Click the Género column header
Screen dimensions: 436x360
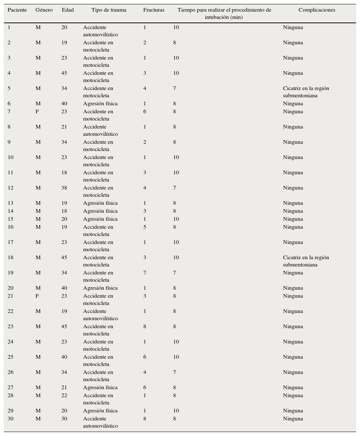click(x=44, y=10)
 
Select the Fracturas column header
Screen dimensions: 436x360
click(x=154, y=10)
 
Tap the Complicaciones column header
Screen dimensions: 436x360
click(x=317, y=10)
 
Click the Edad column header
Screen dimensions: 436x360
click(x=67, y=10)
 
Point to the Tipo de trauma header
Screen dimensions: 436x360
click(x=109, y=10)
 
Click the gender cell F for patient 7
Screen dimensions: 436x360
click(x=37, y=111)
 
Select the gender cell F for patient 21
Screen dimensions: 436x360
click(x=37, y=296)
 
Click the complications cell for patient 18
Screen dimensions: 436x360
click(x=306, y=261)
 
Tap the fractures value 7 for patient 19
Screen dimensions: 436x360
click(x=145, y=273)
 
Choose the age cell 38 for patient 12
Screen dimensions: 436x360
click(x=64, y=188)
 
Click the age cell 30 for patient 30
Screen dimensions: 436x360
click(x=64, y=419)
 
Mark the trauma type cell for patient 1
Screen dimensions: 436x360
click(x=101, y=31)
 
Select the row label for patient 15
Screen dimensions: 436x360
click(x=11, y=219)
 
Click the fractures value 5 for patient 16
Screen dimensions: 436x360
click(x=145, y=227)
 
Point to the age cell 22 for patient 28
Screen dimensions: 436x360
click(x=64, y=395)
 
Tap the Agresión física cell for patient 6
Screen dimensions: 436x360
click(x=100, y=103)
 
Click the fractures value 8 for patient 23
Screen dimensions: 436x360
click(x=145, y=326)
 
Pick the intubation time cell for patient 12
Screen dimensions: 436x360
click(x=175, y=188)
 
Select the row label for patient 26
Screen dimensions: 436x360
click(x=11, y=372)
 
